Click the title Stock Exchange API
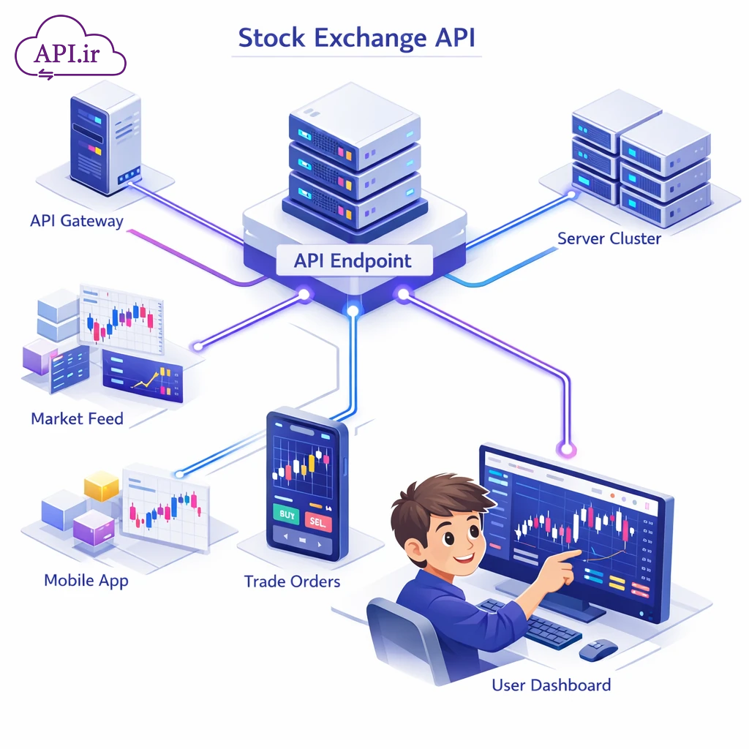(x=356, y=37)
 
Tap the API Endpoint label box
(x=353, y=261)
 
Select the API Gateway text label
(x=77, y=221)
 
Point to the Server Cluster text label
(x=609, y=238)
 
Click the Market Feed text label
(x=77, y=419)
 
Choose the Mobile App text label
(x=86, y=580)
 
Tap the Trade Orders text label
(x=292, y=581)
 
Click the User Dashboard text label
(x=551, y=685)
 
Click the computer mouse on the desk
(x=598, y=648)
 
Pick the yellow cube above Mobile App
(x=102, y=486)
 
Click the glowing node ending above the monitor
(x=564, y=447)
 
